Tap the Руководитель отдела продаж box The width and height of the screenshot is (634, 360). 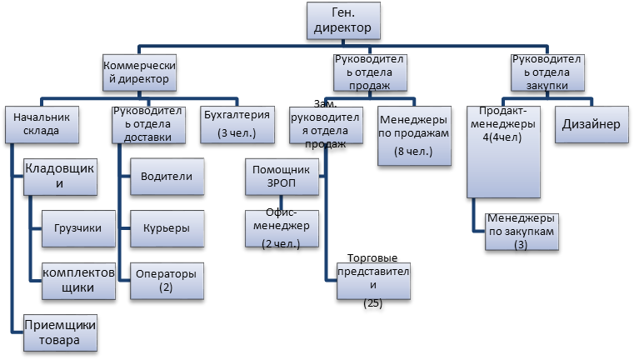(x=370, y=72)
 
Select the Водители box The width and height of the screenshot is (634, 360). (x=167, y=177)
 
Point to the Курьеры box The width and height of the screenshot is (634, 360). (x=167, y=227)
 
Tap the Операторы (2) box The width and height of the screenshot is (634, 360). (x=167, y=280)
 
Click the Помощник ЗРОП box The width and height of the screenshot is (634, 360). (x=281, y=177)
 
